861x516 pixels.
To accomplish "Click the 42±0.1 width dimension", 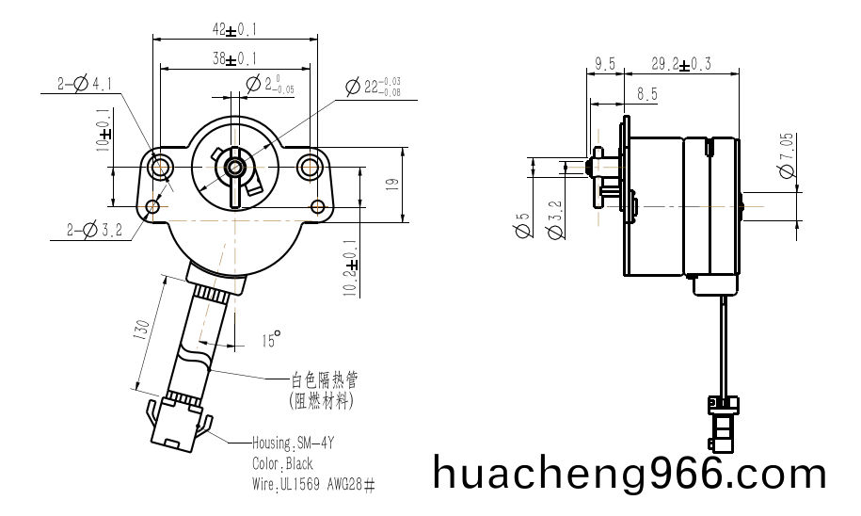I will pyautogui.click(x=235, y=29).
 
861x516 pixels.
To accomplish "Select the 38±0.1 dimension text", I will pyautogui.click(x=235, y=58).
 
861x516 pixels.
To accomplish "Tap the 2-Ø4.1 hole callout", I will pyautogui.click(x=84, y=84).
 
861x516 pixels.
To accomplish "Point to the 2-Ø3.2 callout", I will pyautogui.click(x=95, y=229).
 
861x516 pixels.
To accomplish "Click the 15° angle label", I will pyautogui.click(x=271, y=340).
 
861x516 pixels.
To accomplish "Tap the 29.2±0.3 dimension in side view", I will pyautogui.click(x=681, y=64).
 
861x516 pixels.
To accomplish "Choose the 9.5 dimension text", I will pyautogui.click(x=604, y=64).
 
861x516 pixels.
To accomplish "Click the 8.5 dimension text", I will pyautogui.click(x=646, y=93).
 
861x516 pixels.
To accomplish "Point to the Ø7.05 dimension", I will pyautogui.click(x=787, y=155).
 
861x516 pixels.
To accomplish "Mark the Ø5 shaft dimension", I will pyautogui.click(x=523, y=230).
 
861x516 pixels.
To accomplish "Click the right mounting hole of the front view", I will pyautogui.click(x=310, y=169).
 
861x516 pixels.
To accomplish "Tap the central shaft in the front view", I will pyautogui.click(x=233, y=169).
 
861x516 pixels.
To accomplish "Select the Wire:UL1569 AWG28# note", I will pyautogui.click(x=313, y=486).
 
